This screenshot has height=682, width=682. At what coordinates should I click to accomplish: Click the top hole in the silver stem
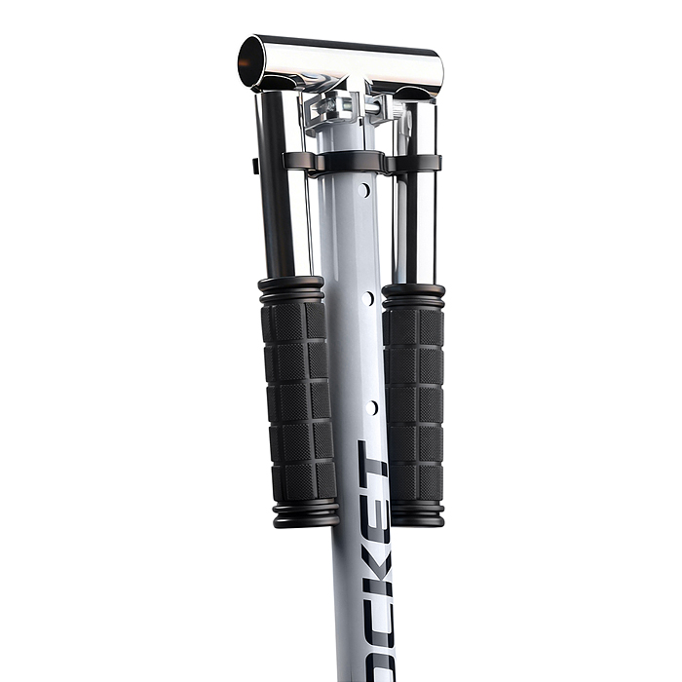pos(364,190)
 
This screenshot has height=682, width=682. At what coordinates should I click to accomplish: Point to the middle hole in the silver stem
pos(367,298)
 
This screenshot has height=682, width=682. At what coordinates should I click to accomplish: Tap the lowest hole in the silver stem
pos(371,407)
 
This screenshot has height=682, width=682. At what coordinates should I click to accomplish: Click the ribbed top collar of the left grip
pos(291,288)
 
